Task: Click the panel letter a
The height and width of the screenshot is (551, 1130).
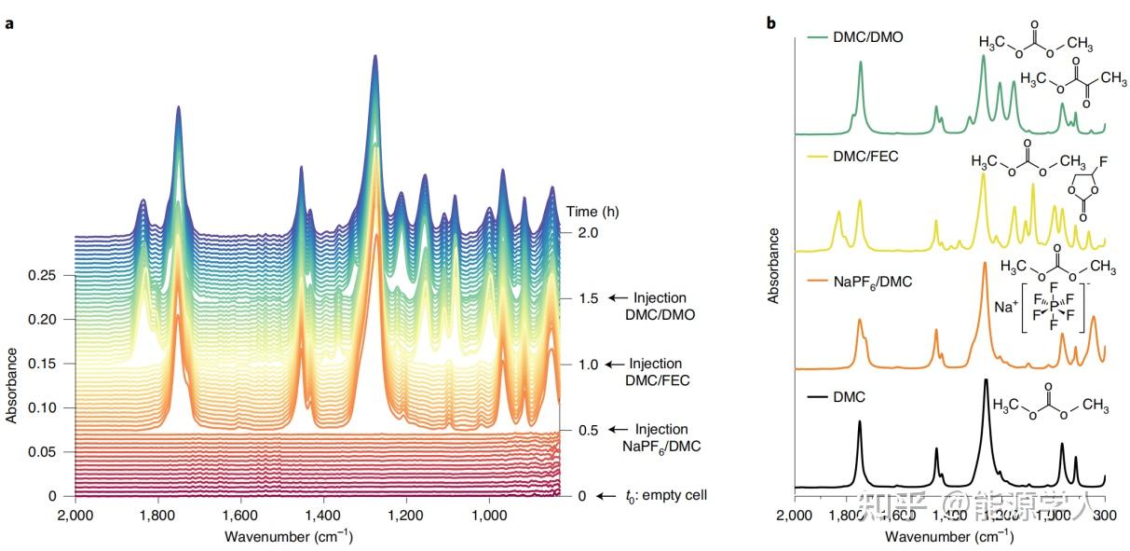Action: pos(9,23)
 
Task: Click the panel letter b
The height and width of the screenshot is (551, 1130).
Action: pos(771,21)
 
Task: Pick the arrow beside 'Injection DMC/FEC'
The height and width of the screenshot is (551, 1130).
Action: pos(614,365)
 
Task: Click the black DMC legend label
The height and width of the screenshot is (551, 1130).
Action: pos(848,397)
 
